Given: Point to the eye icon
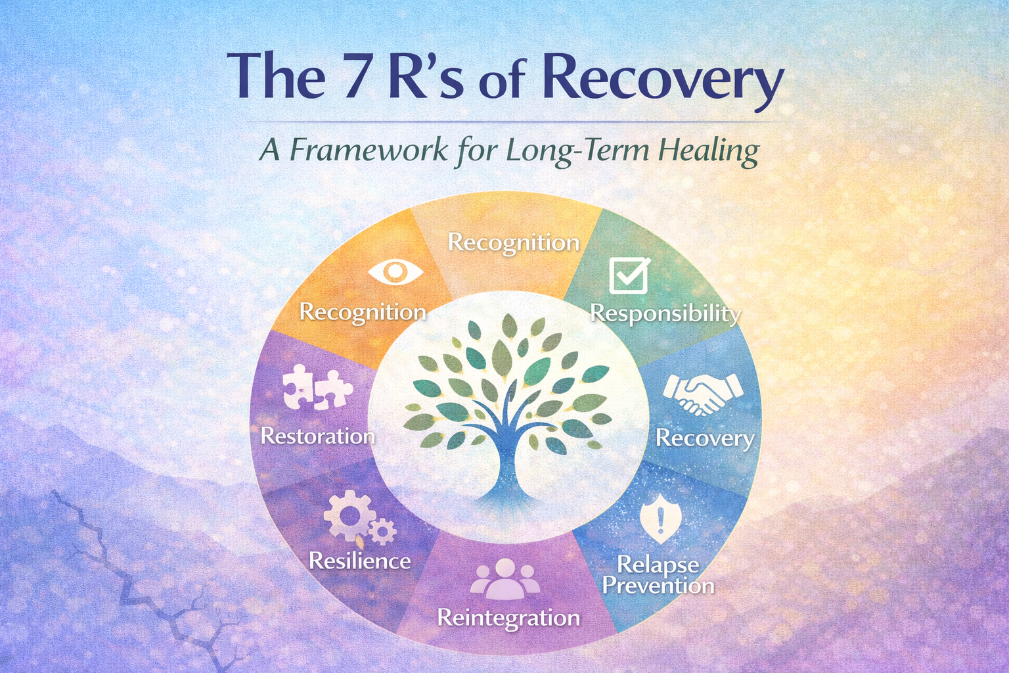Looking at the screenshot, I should [395, 271].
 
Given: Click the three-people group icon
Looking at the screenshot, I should [505, 578].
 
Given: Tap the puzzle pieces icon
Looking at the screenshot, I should [317, 390].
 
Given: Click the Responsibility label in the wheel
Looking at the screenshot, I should [665, 313].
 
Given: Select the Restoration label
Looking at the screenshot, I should [318, 436].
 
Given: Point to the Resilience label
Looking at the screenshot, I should [360, 561].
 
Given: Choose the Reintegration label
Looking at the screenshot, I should [508, 618].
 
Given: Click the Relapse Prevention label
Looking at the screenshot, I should [658, 575].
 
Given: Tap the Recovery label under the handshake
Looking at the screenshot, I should [705, 438].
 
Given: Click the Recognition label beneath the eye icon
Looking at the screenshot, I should [363, 312].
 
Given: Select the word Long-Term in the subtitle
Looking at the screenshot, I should [577, 151].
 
